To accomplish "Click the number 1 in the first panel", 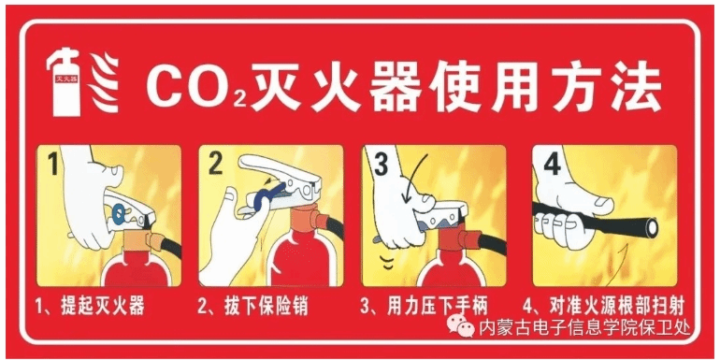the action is point(53,165).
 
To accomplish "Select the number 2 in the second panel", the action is point(216,165).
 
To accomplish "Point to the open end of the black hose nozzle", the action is point(651,227).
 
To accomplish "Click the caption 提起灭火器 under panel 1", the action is point(102,306).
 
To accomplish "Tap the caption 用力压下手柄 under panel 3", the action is point(437,306).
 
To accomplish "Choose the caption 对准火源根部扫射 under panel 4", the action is point(617,306).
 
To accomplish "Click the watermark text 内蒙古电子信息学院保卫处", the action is point(584,327).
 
